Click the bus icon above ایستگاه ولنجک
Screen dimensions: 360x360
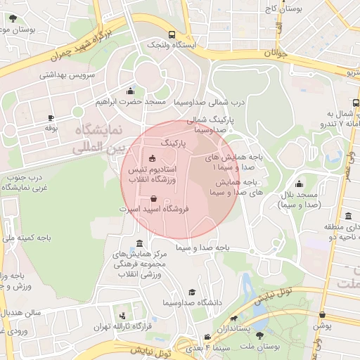click(172, 34)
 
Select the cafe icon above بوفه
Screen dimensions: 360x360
click(51, 117)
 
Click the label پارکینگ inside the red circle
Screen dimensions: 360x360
click(175, 142)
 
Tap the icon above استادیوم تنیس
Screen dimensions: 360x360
click(153, 157)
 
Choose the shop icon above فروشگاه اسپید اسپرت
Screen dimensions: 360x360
click(153, 198)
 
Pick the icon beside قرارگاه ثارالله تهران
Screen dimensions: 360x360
click(124, 316)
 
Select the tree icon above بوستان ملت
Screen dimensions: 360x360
click(261, 336)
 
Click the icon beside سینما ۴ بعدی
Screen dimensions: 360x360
click(207, 337)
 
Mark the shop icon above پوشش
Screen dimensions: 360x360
click(322, 315)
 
